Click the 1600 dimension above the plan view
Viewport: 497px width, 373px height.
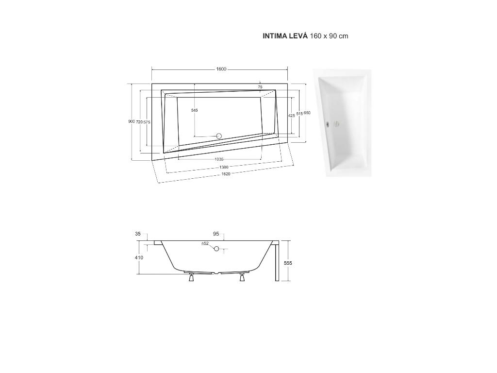[221, 69]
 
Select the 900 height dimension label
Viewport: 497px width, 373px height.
[131, 121]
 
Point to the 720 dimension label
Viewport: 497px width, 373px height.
[139, 122]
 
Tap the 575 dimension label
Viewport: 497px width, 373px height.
[147, 122]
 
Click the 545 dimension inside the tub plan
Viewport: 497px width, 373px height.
[194, 110]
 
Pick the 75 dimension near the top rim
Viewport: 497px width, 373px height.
[260, 87]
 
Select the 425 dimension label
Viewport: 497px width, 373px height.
[291, 116]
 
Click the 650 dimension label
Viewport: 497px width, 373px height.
[307, 113]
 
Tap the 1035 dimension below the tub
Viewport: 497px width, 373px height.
[219, 159]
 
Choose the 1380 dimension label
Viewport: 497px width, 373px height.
[223, 167]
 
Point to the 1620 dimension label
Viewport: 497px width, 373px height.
[225, 174]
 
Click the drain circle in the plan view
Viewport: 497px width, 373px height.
[219, 136]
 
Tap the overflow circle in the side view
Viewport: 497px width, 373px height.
[216, 249]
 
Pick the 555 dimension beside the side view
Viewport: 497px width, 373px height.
[288, 263]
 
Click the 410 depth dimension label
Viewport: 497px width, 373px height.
[139, 258]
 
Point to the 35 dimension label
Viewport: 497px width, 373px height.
[138, 234]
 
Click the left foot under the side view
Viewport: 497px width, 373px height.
[191, 278]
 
